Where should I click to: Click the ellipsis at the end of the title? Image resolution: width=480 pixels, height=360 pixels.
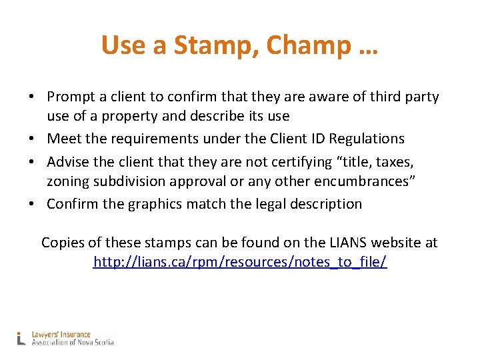(367, 47)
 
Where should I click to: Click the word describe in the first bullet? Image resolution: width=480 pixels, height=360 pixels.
(203, 116)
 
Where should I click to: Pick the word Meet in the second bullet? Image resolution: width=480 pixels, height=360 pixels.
(61, 139)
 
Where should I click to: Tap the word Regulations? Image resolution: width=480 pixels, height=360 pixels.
(366, 139)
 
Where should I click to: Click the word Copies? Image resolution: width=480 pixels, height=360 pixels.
(63, 243)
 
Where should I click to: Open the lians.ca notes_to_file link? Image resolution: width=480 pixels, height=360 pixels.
(240, 262)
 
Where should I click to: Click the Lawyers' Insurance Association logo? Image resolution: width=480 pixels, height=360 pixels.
(66, 338)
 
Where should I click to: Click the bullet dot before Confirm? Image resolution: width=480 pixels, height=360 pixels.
(32, 204)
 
